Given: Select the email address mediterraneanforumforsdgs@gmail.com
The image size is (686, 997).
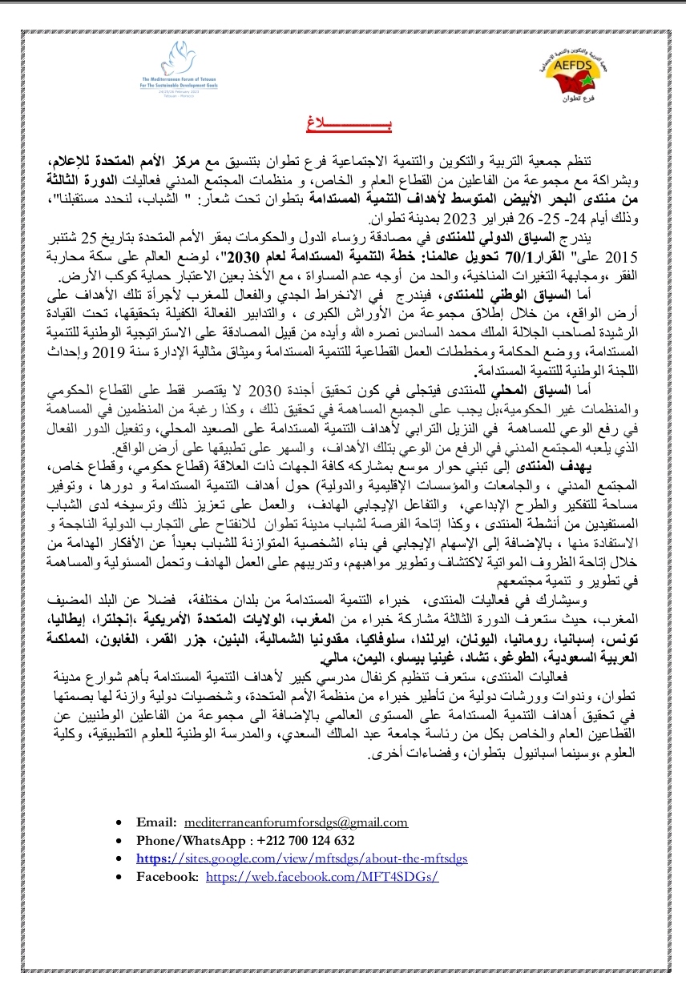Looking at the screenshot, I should pyautogui.click(x=296, y=822).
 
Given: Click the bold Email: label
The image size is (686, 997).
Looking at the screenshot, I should pyautogui.click(x=155, y=822).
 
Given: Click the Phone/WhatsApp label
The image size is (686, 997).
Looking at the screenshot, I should pyautogui.click(x=191, y=841).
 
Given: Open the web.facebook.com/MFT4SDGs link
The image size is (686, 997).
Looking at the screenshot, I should pyautogui.click(x=322, y=877).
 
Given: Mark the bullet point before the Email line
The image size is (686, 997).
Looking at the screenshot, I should pyautogui.click(x=119, y=822).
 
